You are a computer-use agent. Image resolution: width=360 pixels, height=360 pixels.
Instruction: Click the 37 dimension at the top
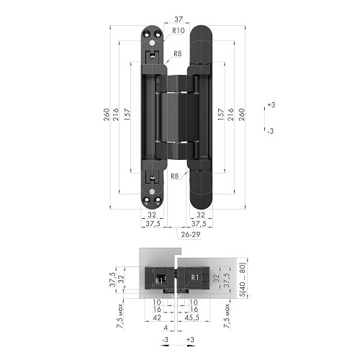pos(178,19)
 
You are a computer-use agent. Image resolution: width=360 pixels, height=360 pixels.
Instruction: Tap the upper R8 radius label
pos(178,54)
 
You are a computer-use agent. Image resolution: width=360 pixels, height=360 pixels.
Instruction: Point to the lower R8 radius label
pos(175,175)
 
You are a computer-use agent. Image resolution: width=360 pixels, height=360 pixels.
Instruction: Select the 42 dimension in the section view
pos(157,315)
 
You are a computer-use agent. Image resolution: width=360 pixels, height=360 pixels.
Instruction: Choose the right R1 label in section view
pos(194,276)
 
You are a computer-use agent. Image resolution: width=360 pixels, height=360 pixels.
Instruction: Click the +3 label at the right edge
pos(271,105)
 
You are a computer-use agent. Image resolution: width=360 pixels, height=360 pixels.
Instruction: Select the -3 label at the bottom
pos(165,339)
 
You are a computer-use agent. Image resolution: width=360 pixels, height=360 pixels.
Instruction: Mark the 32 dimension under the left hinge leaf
pos(152,215)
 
